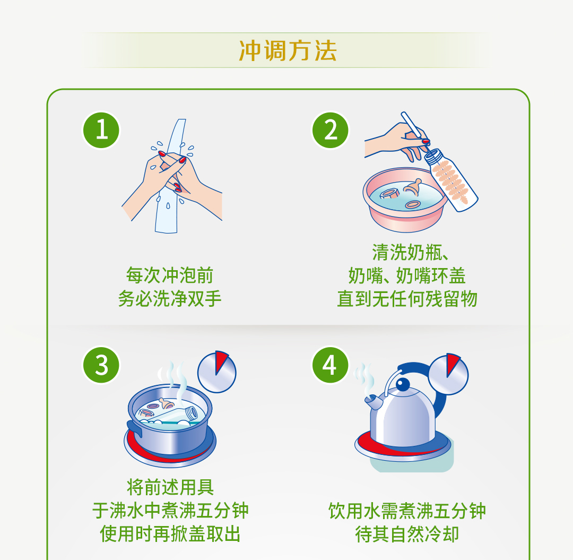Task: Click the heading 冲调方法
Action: [x=288, y=50]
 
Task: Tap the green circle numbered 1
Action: [x=101, y=130]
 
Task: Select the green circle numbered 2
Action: [x=330, y=130]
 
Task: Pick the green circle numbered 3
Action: [x=101, y=365]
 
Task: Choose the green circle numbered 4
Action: [x=330, y=365]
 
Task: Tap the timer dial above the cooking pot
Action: [x=216, y=372]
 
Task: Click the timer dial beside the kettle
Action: [x=448, y=374]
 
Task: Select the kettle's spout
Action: [x=374, y=402]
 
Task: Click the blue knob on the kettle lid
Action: [x=403, y=384]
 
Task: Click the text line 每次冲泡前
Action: [x=170, y=275]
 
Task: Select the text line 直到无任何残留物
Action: [x=407, y=299]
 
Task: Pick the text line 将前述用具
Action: [x=170, y=487]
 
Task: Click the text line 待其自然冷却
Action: [x=407, y=535]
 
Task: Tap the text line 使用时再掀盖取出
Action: [x=170, y=533]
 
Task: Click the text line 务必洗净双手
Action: [x=170, y=299]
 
